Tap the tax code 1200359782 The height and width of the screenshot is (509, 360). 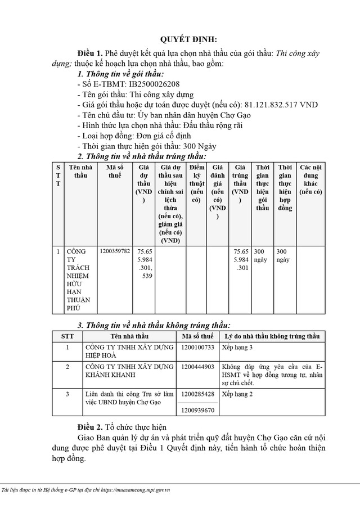click(x=114, y=251)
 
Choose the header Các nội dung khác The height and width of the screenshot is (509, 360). click(x=310, y=179)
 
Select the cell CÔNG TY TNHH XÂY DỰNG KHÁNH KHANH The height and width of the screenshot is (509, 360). click(x=128, y=371)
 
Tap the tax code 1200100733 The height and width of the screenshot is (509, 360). click(x=199, y=348)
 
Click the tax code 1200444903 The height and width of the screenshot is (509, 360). click(x=199, y=367)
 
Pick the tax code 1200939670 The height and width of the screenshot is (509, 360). click(x=199, y=411)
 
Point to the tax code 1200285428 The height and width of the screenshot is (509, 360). click(x=199, y=394)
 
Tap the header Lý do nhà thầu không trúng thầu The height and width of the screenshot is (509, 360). click(x=272, y=336)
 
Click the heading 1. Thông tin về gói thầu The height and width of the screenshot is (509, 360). click(x=121, y=74)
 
